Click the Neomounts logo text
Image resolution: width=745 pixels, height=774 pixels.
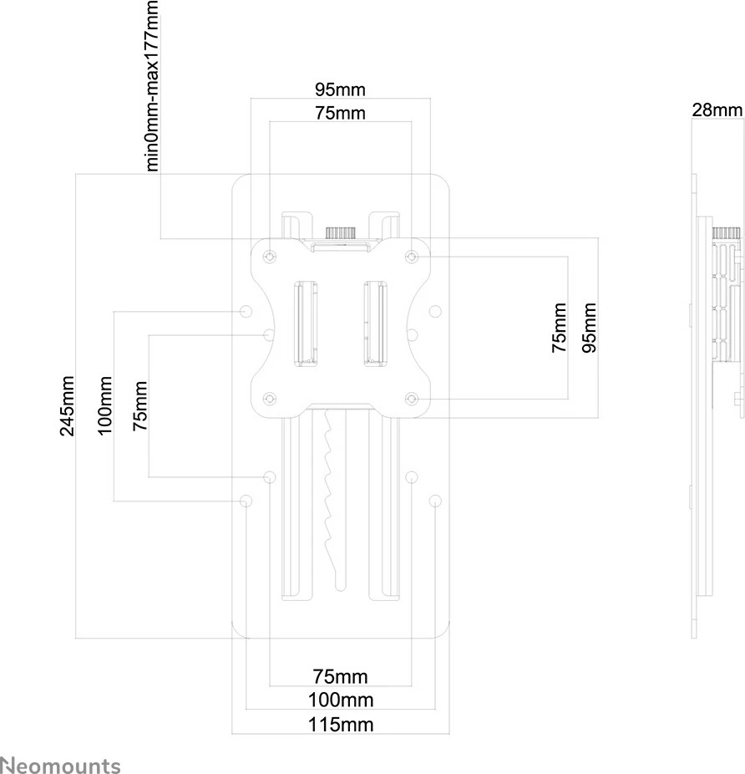pos(60,765)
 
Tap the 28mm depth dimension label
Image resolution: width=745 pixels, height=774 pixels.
pos(717,110)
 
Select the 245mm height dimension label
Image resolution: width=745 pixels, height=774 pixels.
pos(68,406)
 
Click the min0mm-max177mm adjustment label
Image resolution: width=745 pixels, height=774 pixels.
pos(152,85)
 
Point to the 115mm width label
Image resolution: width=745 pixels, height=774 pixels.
pos(340,724)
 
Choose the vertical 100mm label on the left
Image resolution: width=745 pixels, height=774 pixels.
pos(105,406)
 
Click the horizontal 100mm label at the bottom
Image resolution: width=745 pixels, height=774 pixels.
pos(340,700)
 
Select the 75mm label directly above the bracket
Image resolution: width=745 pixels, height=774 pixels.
pos(340,113)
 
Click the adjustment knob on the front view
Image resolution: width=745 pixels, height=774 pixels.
pos(341,232)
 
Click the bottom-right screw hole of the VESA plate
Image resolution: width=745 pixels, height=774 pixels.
pos(411,398)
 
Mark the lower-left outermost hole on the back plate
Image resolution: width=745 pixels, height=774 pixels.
pos(246,501)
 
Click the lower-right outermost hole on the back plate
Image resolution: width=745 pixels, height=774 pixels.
pos(434,501)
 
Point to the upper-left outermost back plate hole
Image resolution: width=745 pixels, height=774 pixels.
pos(246,288)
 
